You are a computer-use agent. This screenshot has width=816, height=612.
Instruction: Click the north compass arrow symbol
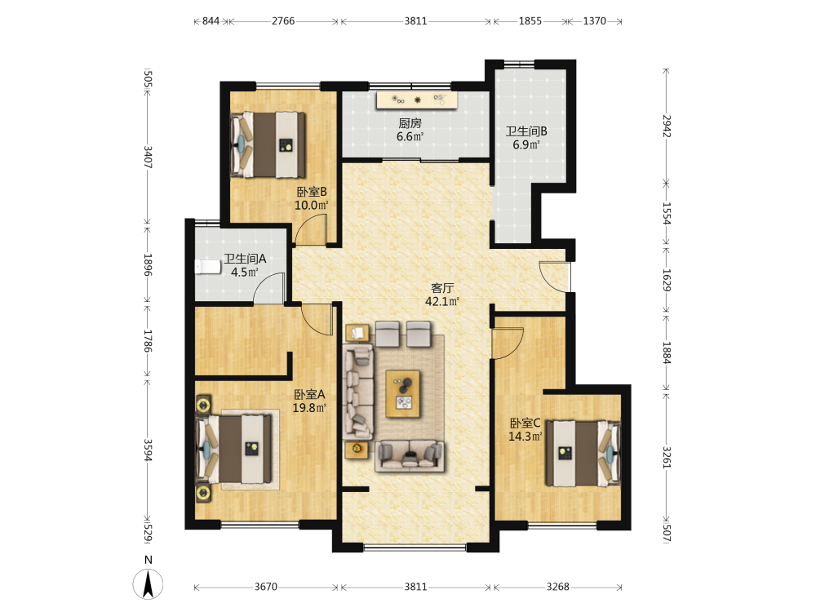tap(149, 584)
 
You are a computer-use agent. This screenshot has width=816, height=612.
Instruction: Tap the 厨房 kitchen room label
tap(410, 123)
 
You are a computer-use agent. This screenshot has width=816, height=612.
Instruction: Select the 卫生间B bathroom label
tap(526, 131)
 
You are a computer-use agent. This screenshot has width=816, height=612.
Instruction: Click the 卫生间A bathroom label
tap(245, 259)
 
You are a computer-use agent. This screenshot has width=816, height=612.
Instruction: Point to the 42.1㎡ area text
tap(442, 301)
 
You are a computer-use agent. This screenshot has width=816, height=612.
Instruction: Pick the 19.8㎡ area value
tap(309, 407)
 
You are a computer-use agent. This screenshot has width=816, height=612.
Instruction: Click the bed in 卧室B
tap(268, 145)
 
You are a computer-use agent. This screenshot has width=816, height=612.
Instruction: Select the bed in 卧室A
tap(233, 449)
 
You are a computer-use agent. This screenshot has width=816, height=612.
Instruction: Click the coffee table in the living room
tap(403, 393)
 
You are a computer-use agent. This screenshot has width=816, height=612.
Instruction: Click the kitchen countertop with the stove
tap(417, 100)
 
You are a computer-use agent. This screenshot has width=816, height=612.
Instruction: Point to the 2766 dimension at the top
tap(283, 21)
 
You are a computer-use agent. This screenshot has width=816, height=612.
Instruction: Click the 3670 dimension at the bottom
tap(266, 587)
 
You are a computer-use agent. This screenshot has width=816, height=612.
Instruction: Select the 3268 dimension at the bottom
tap(558, 587)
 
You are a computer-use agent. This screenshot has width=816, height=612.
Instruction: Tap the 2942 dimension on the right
tap(667, 126)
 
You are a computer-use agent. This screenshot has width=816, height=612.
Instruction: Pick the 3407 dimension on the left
tap(148, 157)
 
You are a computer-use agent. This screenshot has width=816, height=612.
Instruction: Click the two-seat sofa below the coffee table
tap(409, 456)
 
